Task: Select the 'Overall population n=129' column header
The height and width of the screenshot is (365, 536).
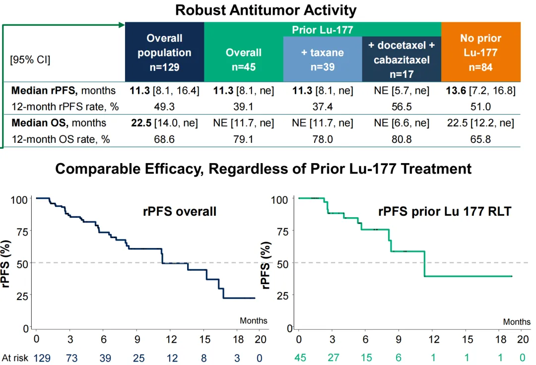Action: point(164,52)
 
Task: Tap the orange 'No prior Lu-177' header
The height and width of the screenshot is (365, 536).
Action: point(480,52)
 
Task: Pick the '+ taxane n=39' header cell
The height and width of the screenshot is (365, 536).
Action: point(323,59)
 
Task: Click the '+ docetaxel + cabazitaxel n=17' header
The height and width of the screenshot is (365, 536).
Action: point(402,59)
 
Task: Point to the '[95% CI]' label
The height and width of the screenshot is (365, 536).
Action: point(30,60)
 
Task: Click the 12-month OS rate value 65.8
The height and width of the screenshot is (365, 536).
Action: point(480,139)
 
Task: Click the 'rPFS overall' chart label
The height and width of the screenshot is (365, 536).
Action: point(180,212)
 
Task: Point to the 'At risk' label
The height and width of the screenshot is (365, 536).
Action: point(15,358)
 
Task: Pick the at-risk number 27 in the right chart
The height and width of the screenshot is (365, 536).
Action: point(332,358)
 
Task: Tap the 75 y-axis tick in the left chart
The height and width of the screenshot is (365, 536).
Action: point(22,231)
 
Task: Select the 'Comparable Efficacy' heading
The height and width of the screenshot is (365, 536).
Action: point(263,169)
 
